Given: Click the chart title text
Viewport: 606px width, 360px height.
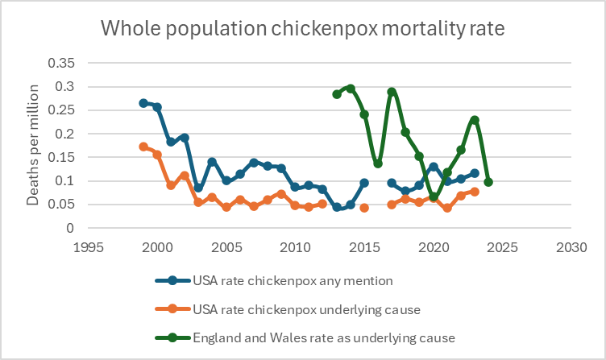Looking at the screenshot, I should [x=302, y=30].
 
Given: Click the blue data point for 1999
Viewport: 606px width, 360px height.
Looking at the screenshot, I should [x=143, y=103].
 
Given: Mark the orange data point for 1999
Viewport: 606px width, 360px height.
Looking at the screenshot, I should [x=143, y=147].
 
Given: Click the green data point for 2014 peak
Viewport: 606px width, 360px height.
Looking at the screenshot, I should [x=351, y=89].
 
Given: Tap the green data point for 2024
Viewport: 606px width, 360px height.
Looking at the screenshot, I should [x=488, y=182].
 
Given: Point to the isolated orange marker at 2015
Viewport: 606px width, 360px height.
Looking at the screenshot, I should [x=364, y=208].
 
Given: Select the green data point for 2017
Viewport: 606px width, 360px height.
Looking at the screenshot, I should [x=392, y=92].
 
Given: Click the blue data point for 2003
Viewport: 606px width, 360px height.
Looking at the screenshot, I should [x=198, y=188].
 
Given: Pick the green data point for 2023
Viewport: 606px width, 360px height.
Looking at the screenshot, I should [x=475, y=120].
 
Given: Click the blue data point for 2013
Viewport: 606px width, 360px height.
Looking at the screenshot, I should [x=337, y=207].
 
